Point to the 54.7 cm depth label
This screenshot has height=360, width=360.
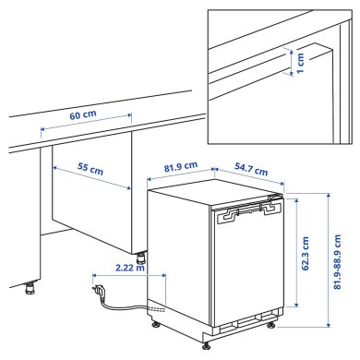(x=249, y=169)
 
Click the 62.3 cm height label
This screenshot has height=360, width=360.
(x=306, y=252)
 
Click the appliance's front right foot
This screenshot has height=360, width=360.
(x=270, y=325)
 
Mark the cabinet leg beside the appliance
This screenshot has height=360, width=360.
(x=140, y=258)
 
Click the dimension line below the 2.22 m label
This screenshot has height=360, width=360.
(x=129, y=275)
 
